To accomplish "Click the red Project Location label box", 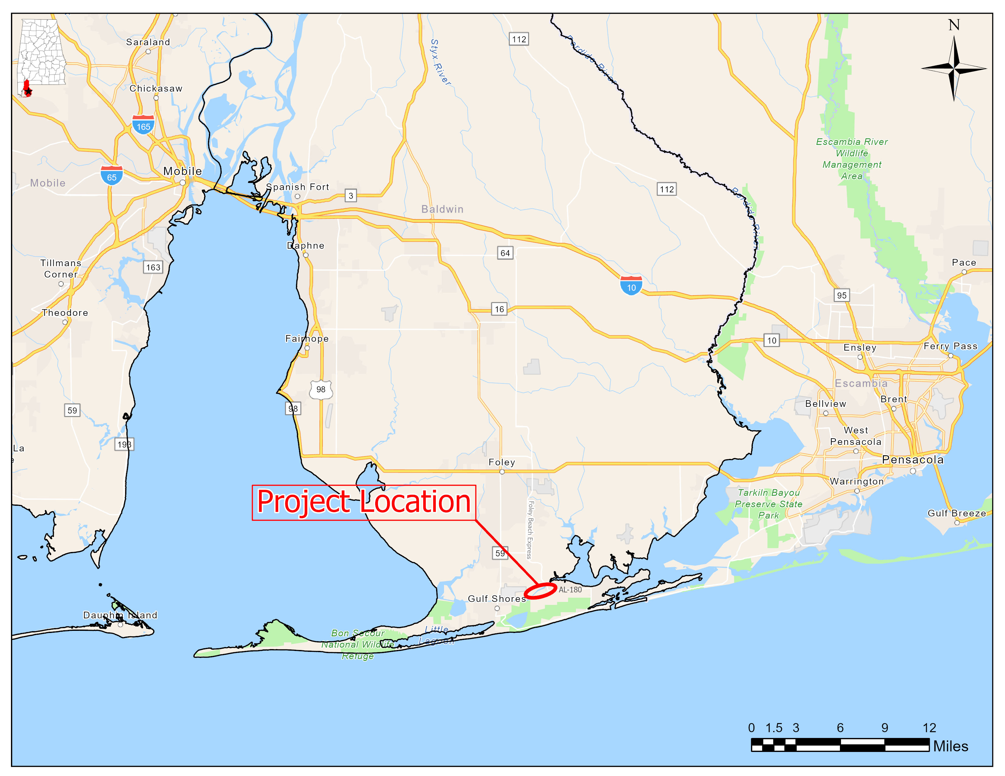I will [x=364, y=502].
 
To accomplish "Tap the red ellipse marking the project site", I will [x=540, y=591].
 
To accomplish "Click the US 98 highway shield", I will [x=321, y=390].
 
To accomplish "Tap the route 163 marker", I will [x=153, y=267].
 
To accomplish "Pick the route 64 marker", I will [x=505, y=253].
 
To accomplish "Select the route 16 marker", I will [x=499, y=309].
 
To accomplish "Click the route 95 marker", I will [x=842, y=295].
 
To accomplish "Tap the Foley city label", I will [x=502, y=462].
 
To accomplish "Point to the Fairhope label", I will [x=307, y=338].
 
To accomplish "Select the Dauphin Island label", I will [x=120, y=615].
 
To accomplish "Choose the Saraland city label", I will [x=148, y=42].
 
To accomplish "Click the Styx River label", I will [x=440, y=62].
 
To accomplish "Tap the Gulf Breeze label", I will [x=957, y=513].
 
